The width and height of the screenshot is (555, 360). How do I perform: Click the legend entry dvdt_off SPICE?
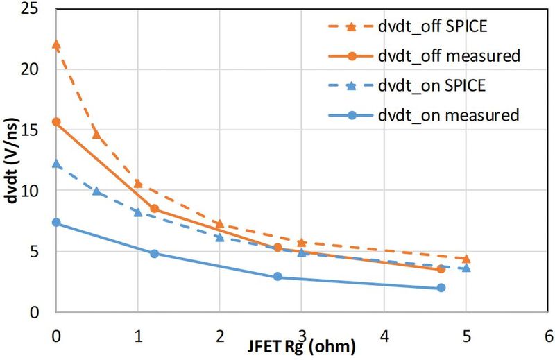[430, 27]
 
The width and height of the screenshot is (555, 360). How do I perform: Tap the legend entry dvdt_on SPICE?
[430, 85]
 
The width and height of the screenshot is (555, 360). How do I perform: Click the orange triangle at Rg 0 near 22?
[56, 44]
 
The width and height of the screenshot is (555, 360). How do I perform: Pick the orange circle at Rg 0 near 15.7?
[56, 122]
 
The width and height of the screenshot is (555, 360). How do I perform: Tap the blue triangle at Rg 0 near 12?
[56, 164]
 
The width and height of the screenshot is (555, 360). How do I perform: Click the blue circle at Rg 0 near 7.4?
[56, 223]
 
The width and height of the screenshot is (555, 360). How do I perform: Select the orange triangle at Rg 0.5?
[96, 135]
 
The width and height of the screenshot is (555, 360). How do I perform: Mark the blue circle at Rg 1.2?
[154, 254]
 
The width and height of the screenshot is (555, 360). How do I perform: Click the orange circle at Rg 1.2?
[154, 209]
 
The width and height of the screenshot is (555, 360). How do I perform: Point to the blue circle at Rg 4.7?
[441, 288]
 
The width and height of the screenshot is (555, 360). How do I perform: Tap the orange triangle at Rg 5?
[466, 259]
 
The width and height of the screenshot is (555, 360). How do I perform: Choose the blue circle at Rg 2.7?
[277, 277]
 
